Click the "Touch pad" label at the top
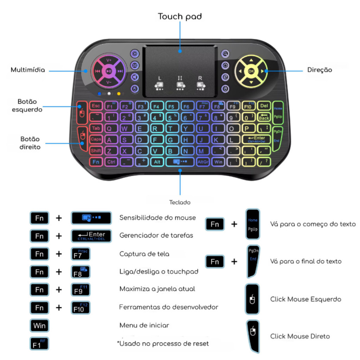180,17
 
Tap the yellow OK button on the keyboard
251,71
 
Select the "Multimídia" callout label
28,70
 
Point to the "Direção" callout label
320,70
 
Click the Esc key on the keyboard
96,106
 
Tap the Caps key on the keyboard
96,139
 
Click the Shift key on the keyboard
96,151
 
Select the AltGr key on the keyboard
203,162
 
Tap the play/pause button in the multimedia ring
109,71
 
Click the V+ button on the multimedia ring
109,60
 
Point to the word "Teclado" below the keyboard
180,202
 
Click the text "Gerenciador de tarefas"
156,236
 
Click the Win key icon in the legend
39,326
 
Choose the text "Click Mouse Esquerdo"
306,299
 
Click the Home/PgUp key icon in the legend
252,224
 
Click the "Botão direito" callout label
30,143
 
